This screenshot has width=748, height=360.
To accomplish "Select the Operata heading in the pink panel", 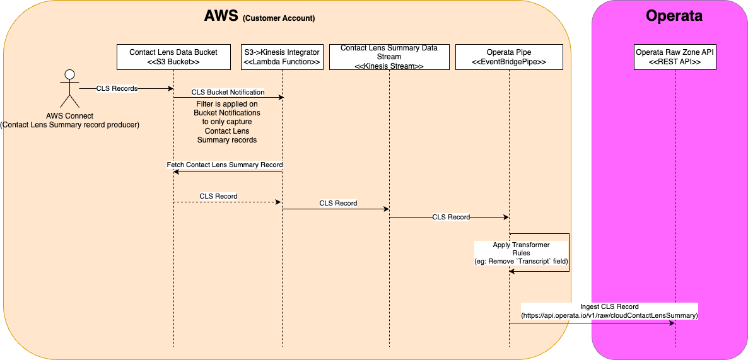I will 674,16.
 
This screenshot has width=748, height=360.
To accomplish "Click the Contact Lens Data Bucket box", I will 173,57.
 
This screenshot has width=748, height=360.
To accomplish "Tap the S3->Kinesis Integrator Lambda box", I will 282,57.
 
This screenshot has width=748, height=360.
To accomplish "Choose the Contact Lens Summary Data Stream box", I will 389,57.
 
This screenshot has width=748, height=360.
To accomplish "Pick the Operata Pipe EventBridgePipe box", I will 508,57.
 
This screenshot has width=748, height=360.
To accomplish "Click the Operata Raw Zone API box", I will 675,57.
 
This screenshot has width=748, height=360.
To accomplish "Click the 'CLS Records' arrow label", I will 117,88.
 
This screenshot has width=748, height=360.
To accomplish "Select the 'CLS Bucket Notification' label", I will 228,92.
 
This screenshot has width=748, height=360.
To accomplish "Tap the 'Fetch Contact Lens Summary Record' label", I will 225,165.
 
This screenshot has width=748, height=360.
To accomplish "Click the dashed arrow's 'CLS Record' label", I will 218,196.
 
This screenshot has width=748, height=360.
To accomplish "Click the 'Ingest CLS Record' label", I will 609,306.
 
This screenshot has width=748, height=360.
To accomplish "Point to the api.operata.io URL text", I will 609,315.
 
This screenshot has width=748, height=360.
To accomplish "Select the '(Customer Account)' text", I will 278,18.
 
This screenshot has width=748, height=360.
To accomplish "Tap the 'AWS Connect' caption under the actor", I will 70,115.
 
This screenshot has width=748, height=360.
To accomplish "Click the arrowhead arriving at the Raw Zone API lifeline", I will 672,323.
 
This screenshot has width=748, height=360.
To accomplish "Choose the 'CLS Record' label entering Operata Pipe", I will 451,217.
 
